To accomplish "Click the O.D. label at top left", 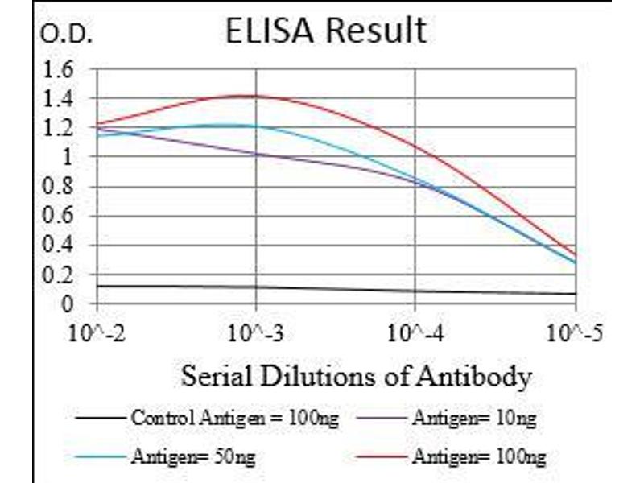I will (x=67, y=35).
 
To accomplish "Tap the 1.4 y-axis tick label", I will (x=57, y=99).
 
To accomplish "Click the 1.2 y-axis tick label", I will (x=57, y=128).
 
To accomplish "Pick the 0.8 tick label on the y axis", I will (x=57, y=187).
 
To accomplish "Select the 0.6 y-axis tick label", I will (x=57, y=216).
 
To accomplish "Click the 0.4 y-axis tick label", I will (x=57, y=246).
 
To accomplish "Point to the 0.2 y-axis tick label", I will (x=57, y=275).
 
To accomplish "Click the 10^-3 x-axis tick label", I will (x=256, y=331).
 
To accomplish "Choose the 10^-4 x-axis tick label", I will (x=415, y=331).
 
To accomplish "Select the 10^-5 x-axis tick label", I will (x=576, y=331).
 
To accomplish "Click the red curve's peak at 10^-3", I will (x=256, y=96).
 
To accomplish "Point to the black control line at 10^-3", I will (x=256, y=287).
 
